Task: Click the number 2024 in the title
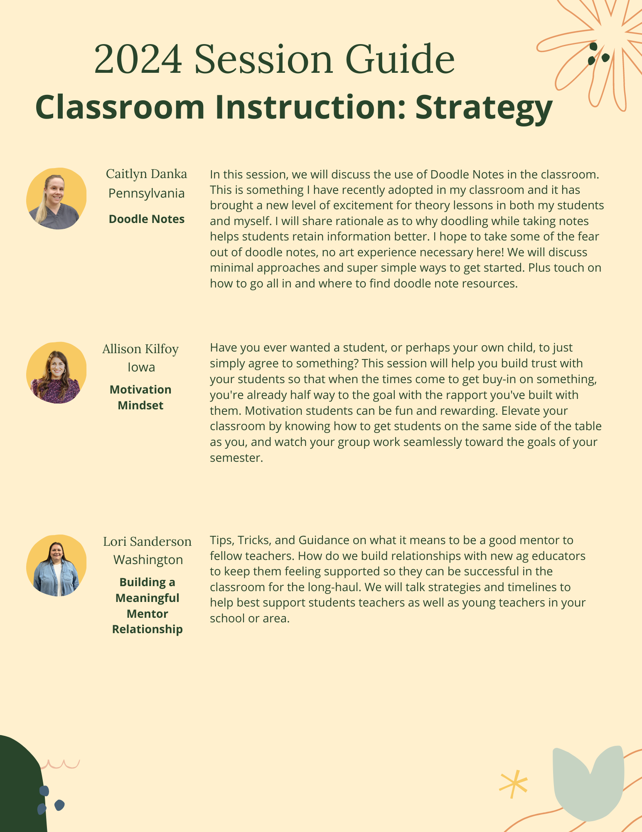(x=138, y=59)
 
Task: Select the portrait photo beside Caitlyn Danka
(x=56, y=199)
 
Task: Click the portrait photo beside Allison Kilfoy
(x=56, y=373)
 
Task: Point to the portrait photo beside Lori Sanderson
(x=56, y=565)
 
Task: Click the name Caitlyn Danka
(x=146, y=174)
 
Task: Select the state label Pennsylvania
(x=146, y=193)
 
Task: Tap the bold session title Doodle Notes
(x=146, y=219)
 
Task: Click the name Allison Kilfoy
(x=140, y=349)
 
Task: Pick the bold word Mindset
(x=140, y=405)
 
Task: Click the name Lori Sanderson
(x=147, y=541)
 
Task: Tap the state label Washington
(x=148, y=560)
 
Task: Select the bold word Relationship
(x=148, y=629)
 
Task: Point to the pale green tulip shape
(x=588, y=782)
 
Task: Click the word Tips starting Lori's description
(x=221, y=540)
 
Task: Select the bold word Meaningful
(x=148, y=598)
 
